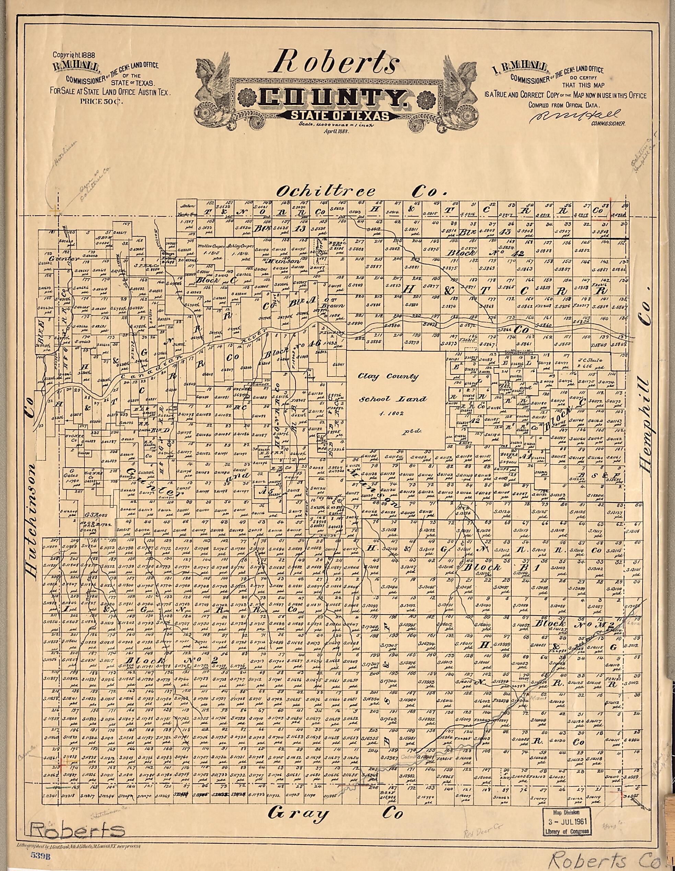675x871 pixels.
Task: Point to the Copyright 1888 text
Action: [x=76, y=56]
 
